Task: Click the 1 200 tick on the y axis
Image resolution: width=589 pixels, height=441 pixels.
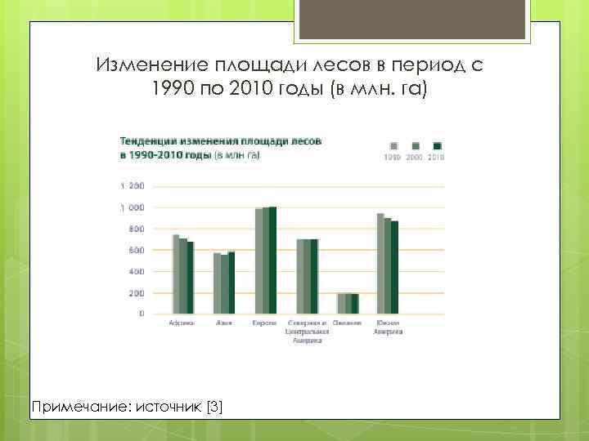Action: pos(132,186)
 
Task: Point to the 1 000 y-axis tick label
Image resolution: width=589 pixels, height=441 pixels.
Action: pos(132,207)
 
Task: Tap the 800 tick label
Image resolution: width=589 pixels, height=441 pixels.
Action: pos(135,229)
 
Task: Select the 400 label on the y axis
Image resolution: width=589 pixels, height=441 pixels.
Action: pos(135,271)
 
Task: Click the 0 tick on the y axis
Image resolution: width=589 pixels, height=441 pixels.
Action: pos(141,314)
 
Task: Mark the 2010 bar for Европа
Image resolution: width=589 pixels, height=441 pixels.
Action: pos(272,260)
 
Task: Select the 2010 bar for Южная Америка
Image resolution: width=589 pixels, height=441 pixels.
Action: pos(395,267)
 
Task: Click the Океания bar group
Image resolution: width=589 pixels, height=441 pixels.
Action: pos(348,303)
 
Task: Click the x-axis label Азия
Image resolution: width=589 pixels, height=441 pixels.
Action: pos(224,324)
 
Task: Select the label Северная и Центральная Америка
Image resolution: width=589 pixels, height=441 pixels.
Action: pos(307,332)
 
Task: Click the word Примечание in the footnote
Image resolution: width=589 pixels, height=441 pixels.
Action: pos(69,406)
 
